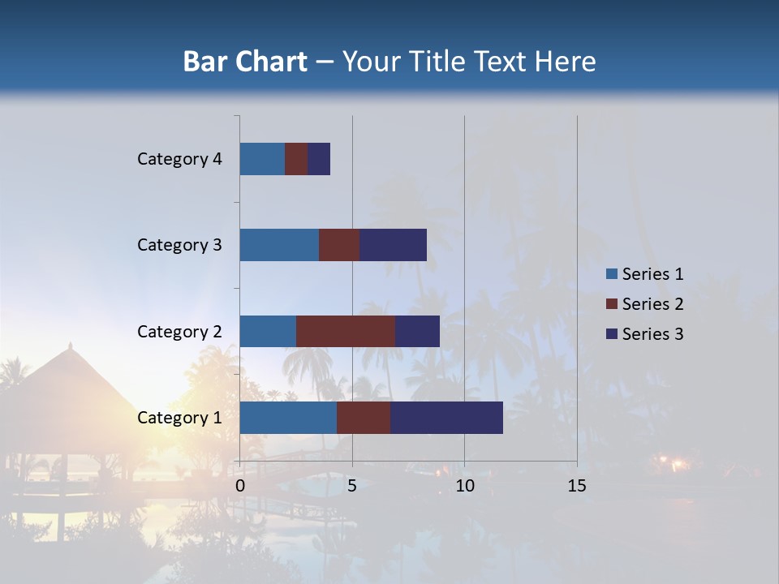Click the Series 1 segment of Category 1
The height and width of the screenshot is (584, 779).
point(288,418)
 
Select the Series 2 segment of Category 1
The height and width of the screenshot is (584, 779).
point(364,418)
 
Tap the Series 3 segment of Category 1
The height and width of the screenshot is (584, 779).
point(446,418)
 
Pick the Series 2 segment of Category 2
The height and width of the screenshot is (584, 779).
point(346,331)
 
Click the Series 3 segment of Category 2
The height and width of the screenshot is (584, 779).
point(417,331)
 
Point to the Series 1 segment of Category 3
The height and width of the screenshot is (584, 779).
point(279,245)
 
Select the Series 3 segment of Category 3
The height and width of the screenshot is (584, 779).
point(393,245)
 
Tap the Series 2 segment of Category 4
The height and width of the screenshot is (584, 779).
point(296,159)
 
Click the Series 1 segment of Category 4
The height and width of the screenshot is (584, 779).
point(262,159)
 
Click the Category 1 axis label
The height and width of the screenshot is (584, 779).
point(179,418)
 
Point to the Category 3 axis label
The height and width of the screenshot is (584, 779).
point(179,245)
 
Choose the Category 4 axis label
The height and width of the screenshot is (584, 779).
point(179,159)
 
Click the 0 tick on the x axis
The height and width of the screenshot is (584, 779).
point(240,486)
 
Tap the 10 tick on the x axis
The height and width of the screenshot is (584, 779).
point(464,486)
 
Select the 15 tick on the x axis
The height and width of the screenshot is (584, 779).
point(576,486)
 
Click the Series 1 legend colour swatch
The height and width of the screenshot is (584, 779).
point(612,274)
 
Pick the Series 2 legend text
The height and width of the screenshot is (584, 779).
point(652,304)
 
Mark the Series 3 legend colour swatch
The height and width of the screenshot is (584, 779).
point(612,334)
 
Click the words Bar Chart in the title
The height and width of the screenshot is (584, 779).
point(245,62)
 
